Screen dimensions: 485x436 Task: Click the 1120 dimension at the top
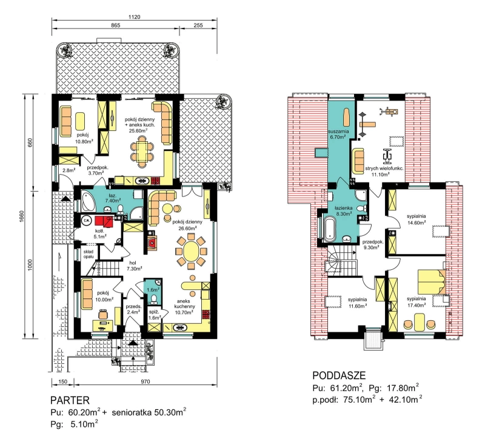134,17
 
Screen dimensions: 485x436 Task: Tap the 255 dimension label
198,25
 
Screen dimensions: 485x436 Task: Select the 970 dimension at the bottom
145,381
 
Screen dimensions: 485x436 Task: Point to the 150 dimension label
63,381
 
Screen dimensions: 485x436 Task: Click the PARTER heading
70,400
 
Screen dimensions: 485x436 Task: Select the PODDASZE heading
339,375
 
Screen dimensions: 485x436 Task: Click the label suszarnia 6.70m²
338,133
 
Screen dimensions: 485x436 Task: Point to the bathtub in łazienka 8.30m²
330,229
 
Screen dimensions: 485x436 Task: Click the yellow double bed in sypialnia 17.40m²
432,281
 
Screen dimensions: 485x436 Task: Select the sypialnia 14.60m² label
416,219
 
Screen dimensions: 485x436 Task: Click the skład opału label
88,254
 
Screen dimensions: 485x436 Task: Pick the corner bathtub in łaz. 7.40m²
88,201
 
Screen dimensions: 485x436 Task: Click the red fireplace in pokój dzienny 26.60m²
151,241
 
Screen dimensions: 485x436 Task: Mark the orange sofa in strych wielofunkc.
358,161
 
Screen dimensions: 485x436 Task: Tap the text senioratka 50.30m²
149,412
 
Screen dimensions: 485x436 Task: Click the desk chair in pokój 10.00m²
103,314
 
